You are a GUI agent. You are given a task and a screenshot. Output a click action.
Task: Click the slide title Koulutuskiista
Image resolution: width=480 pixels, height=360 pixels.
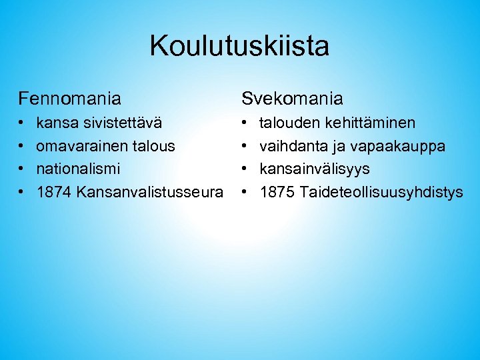[239, 46]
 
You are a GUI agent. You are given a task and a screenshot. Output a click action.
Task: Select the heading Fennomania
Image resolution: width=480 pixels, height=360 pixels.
[70, 99]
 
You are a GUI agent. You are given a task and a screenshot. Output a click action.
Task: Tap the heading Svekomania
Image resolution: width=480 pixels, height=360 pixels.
[292, 99]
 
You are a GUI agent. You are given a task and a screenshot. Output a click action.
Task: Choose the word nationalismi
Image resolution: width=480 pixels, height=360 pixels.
[79, 169]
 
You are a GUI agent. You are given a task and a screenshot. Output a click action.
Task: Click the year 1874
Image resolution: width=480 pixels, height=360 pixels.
[54, 193]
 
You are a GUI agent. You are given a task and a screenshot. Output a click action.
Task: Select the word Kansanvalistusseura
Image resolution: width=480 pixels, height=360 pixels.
[150, 193]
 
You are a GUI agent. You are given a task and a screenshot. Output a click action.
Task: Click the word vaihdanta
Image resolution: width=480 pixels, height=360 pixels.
[291, 146]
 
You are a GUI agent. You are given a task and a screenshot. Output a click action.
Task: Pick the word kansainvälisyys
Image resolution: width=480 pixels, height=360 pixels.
[315, 169]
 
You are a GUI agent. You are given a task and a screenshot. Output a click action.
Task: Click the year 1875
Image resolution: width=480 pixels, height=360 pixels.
[277, 193]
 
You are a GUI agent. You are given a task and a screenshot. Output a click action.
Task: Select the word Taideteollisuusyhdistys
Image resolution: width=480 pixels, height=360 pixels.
[381, 193]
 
